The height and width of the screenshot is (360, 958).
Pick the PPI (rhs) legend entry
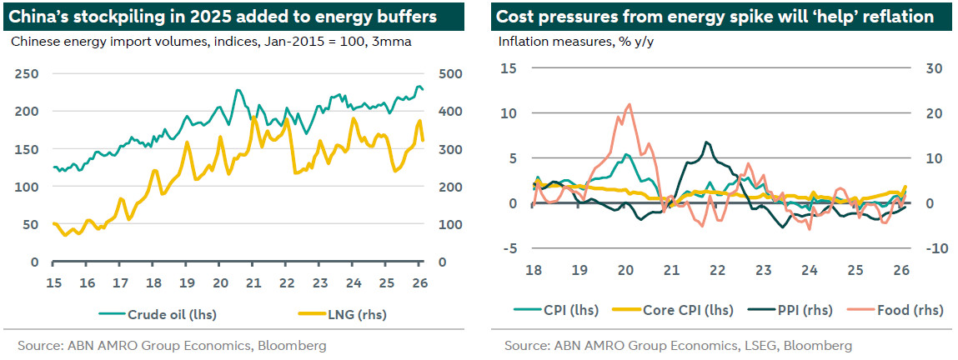pyautogui.click(x=800, y=310)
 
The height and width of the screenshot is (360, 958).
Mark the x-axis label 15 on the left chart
pyautogui.click(x=54, y=281)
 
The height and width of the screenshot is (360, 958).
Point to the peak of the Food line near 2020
pyautogui.click(x=628, y=104)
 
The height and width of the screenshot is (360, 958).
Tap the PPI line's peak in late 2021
pyautogui.click(x=706, y=142)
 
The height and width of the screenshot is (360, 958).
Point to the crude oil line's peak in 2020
pyautogui.click(x=238, y=90)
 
